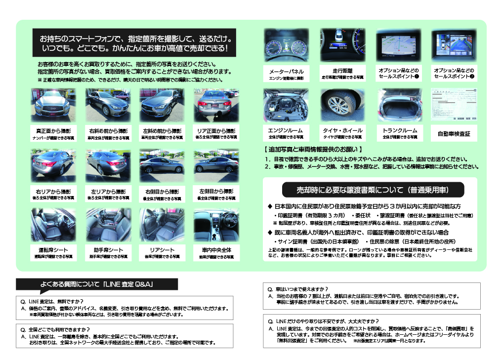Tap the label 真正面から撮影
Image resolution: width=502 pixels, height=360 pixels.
pos(53,131)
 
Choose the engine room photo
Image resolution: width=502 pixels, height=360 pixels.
pos(286,104)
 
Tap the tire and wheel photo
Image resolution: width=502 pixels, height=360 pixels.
pos(342,104)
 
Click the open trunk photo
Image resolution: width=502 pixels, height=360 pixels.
pos(399,104)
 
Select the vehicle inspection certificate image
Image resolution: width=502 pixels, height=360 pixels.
pos(454,104)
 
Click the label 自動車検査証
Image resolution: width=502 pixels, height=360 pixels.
pos(454,134)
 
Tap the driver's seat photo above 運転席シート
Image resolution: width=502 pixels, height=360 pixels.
pos(53,224)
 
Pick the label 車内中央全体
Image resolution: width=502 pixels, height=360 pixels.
pos(216,250)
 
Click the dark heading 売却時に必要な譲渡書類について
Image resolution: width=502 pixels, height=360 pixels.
pos(373,190)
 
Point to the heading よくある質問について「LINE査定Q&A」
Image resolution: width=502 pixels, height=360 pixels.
pos(97,285)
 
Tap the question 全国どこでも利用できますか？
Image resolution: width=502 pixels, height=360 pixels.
pos(59,329)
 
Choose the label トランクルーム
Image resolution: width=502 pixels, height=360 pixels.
pos(399,130)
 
